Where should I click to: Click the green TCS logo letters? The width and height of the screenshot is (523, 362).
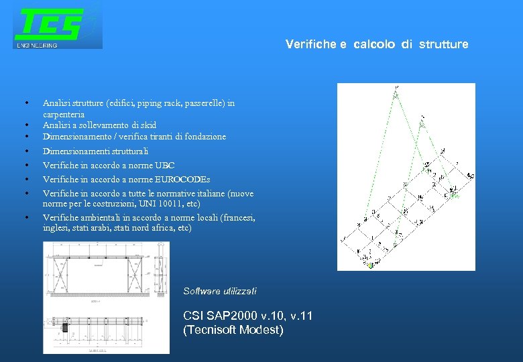pyautogui.click(x=50, y=25)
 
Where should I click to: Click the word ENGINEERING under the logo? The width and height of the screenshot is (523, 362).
pyautogui.click(x=38, y=46)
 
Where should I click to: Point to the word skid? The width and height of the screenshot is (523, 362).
pyautogui.click(x=149, y=125)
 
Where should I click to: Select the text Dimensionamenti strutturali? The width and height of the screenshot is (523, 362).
pyautogui.click(x=95, y=152)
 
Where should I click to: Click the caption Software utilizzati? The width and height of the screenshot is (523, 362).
pyautogui.click(x=219, y=291)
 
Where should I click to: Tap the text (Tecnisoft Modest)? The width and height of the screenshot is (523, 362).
pyautogui.click(x=233, y=330)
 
